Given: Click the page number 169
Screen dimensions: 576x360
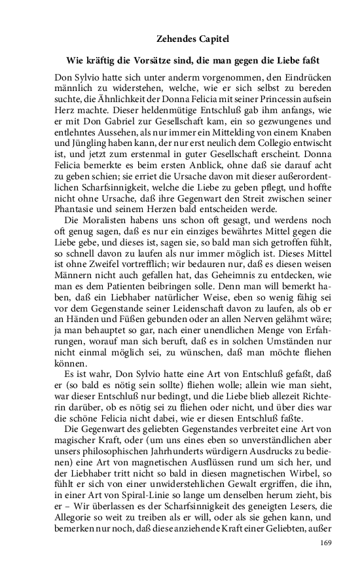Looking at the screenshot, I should pos(327,543).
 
